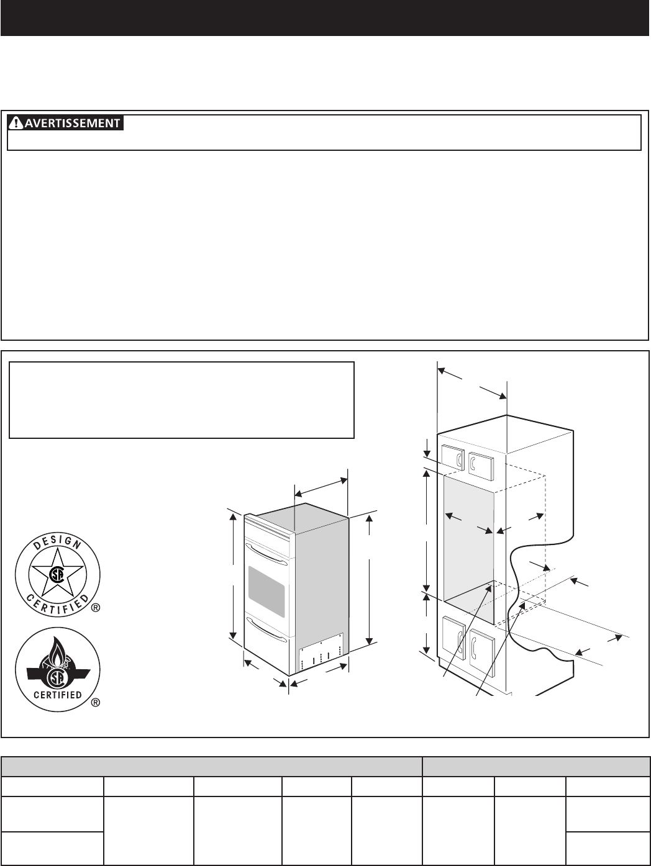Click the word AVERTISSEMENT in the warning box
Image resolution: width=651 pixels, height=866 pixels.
pyautogui.click(x=72, y=123)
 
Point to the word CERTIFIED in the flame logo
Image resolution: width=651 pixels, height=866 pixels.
pyautogui.click(x=57, y=694)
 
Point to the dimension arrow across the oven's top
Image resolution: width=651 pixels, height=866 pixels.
pyautogui.click(x=321, y=485)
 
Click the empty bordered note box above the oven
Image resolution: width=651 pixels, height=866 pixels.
pyautogui.click(x=181, y=400)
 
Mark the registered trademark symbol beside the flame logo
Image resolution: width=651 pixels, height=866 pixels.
pyautogui.click(x=96, y=703)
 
